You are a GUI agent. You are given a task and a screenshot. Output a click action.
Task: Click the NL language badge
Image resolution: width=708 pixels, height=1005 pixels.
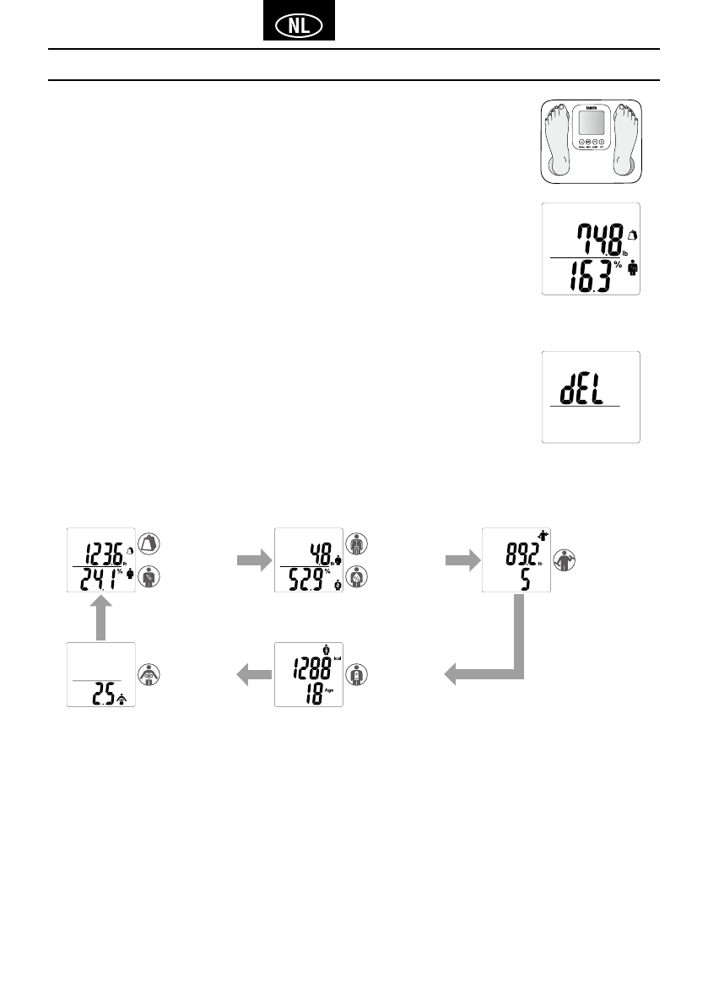pyautogui.click(x=299, y=25)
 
